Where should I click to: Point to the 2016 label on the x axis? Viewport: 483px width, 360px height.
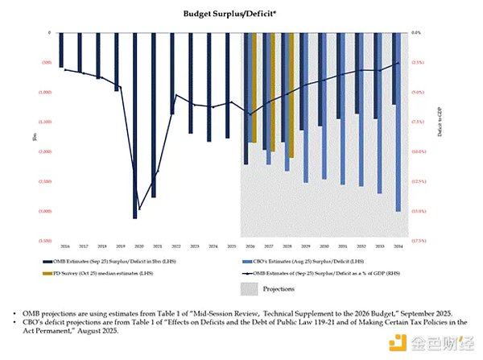[x=64, y=246]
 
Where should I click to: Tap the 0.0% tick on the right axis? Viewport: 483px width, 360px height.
[x=417, y=33]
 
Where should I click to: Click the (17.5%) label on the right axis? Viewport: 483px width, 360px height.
[x=419, y=240]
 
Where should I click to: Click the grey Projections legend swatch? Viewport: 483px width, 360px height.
[x=251, y=288]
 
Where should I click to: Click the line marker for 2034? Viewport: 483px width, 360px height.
[x=397, y=63]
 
